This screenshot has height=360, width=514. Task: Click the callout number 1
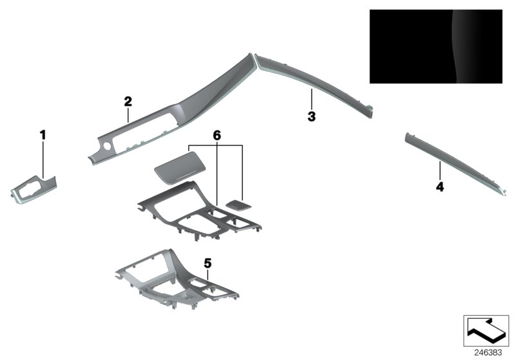coord(43,134)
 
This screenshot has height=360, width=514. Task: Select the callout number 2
coord(128,101)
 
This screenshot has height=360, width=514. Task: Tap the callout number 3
coord(312,117)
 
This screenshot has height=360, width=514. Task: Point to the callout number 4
coord(439,187)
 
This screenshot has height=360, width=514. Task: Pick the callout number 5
coord(207,263)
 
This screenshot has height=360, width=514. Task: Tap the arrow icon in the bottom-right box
coord(486,331)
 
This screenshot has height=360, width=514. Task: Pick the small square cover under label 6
coord(239,204)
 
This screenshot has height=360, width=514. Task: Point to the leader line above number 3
coord(312,100)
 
